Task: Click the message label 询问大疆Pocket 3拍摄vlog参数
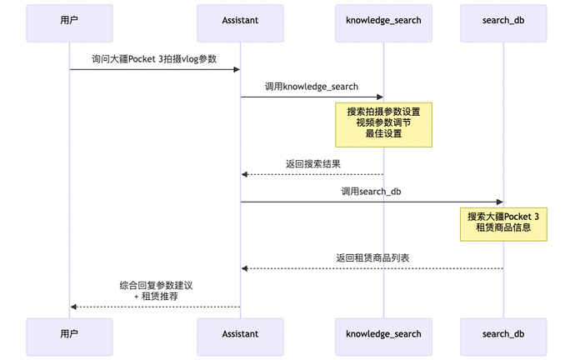pos(155,59)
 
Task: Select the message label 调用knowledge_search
pos(312,87)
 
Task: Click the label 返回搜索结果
pos(312,164)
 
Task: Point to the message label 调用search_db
pos(372,192)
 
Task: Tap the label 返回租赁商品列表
pos(372,257)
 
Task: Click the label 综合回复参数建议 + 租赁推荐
pos(156,290)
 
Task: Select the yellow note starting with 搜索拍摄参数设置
pos(383,124)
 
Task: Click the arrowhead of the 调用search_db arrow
pos(499,202)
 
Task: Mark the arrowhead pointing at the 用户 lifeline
pos(74,307)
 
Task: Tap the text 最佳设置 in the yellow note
pos(383,134)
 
